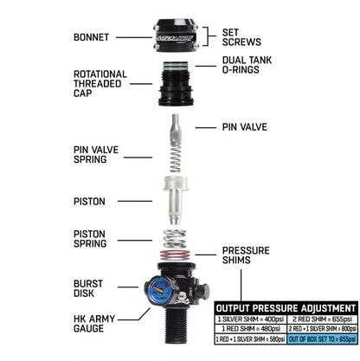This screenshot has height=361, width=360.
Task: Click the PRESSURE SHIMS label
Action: [245, 255]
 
